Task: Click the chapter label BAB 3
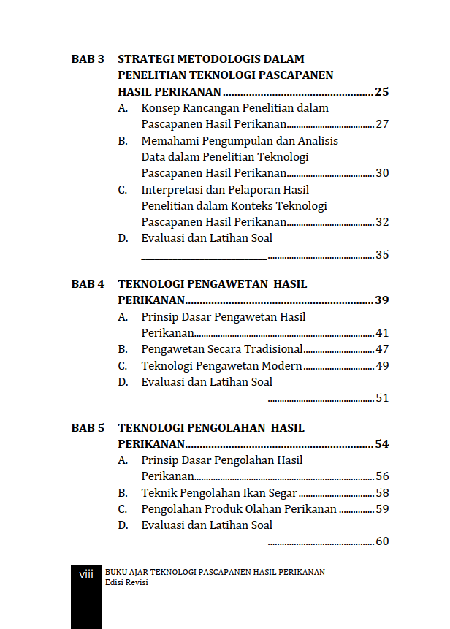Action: point(88,59)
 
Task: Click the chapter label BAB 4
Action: point(88,284)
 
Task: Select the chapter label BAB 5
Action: point(88,428)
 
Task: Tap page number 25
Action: point(381,92)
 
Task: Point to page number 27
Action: point(381,124)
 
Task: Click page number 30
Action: point(381,173)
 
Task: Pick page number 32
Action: point(381,222)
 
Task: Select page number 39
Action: point(381,300)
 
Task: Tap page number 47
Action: point(381,349)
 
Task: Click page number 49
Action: point(381,365)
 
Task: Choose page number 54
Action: point(381,444)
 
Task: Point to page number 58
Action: point(381,493)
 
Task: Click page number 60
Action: point(381,541)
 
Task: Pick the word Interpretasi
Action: point(173,190)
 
